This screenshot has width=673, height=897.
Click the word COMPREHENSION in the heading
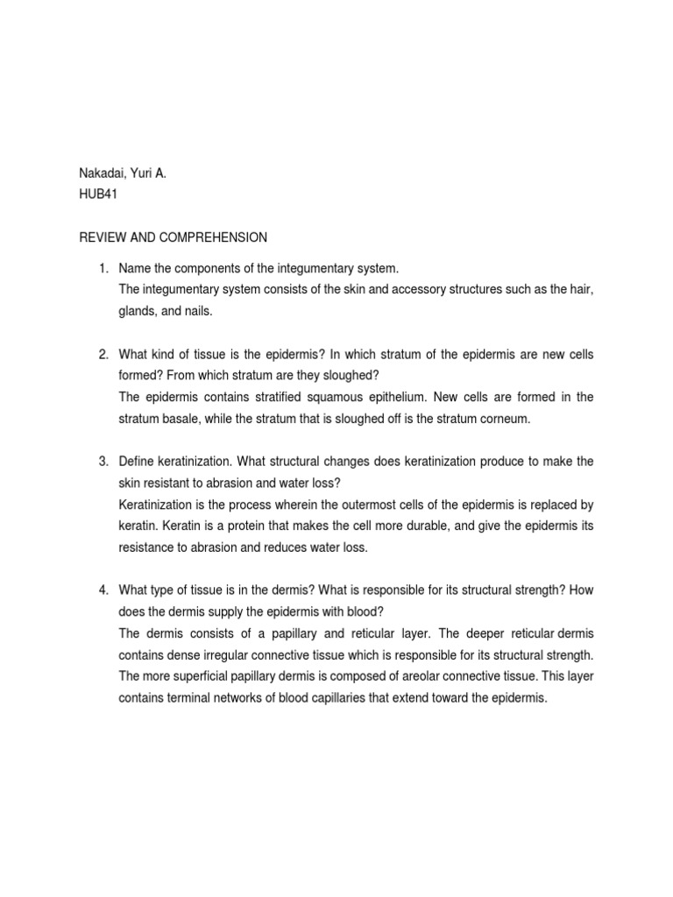pos(213,237)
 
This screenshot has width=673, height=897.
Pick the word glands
pos(138,311)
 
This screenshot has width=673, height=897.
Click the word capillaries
pos(383,698)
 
